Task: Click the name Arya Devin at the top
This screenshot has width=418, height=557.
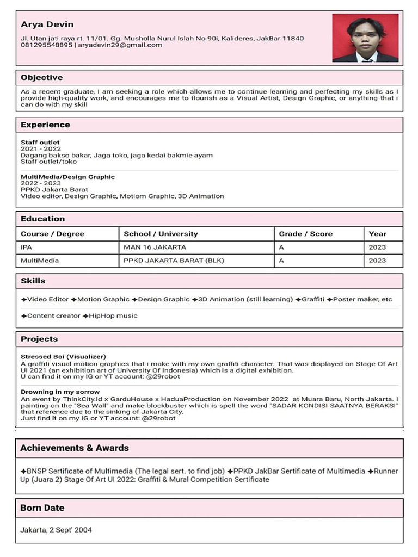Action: [47, 24]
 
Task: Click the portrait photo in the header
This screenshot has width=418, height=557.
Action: [365, 38]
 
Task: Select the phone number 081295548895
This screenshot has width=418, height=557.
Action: [46, 45]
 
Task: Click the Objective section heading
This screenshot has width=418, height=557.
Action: [41, 77]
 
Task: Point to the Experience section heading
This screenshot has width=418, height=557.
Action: [45, 125]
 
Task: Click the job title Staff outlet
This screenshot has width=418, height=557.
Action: [40, 143]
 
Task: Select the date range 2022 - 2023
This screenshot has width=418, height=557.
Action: [41, 183]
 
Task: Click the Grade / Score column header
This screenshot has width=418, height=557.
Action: [305, 234]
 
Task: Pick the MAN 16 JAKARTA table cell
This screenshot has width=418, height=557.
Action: [155, 247]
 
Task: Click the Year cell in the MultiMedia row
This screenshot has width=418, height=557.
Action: [377, 261]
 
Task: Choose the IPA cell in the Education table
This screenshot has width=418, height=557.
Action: [27, 247]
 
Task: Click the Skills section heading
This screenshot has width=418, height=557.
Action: [33, 281]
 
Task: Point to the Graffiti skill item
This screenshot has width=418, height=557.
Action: [312, 299]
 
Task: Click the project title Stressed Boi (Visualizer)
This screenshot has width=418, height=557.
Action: [63, 356]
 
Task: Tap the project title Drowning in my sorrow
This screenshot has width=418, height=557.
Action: [60, 392]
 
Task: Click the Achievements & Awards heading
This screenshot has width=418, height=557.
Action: [75, 448]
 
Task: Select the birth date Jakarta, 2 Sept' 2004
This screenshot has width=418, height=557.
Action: [56, 529]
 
